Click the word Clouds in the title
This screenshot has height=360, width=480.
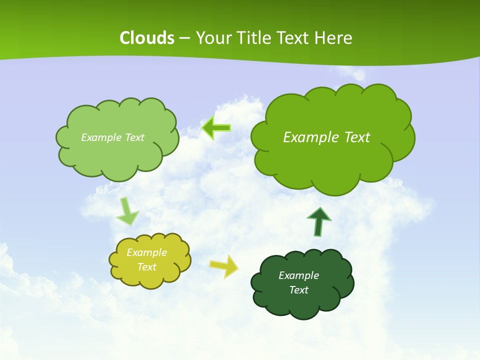click(147, 38)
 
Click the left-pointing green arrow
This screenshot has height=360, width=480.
click(216, 128)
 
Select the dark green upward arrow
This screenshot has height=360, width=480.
click(319, 222)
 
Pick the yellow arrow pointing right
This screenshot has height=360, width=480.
click(224, 265)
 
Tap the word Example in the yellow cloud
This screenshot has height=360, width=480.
click(146, 252)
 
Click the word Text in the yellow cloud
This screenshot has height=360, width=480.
click(146, 267)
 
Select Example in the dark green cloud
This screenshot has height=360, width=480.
click(298, 275)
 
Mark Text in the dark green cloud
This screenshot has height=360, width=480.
click(298, 290)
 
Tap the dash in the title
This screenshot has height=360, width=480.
click(184, 38)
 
